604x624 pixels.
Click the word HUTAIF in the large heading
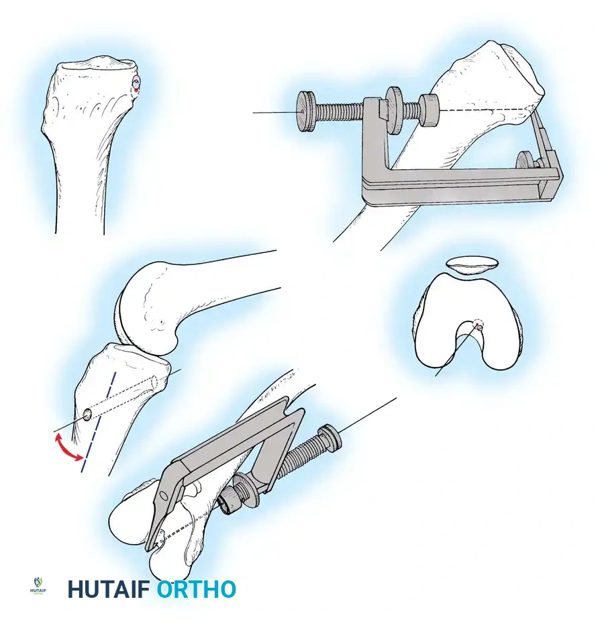tap(108, 589)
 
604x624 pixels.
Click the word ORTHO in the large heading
tap(196, 589)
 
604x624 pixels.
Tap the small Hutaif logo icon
tap(38, 586)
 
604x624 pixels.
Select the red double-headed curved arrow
tap(68, 448)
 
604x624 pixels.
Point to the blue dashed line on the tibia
tap(99, 422)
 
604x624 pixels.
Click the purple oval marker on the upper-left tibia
tap(136, 83)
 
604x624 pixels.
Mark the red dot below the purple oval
tap(136, 91)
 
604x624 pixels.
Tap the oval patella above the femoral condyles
tap(472, 265)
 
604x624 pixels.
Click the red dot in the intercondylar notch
tap(476, 325)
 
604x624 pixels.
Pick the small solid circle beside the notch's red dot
tap(481, 328)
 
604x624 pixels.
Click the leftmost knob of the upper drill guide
tap(307, 111)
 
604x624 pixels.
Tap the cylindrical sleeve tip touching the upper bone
tap(430, 110)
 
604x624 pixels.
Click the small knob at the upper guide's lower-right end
tap(527, 163)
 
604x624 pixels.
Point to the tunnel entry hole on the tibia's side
tap(87, 415)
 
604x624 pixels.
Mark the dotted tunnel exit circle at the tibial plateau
tap(154, 382)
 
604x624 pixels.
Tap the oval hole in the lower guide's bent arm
tap(163, 495)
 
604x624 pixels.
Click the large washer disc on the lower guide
tap(245, 490)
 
